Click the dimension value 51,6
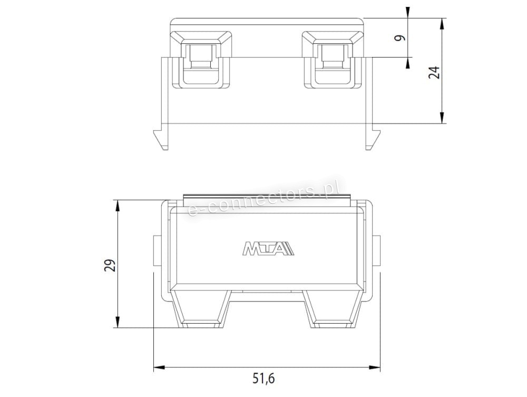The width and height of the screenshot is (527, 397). [x=263, y=379]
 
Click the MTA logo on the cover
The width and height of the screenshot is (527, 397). [x=268, y=248]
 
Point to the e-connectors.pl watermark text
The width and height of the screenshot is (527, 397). [x=262, y=197]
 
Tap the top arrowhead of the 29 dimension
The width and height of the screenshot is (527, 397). [x=118, y=206]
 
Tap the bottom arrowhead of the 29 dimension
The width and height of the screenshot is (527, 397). [x=118, y=321]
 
